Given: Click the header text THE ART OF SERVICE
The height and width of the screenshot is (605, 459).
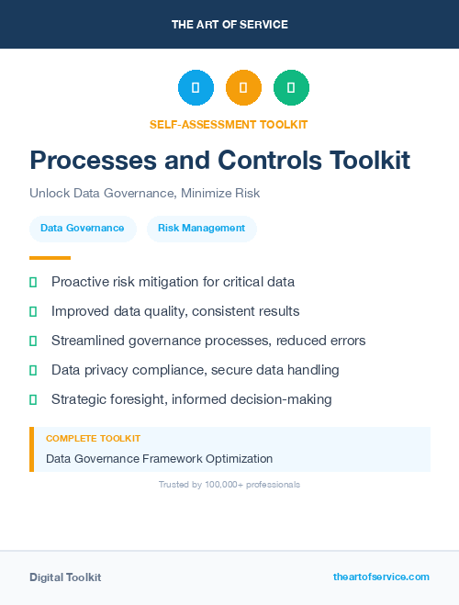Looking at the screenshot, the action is point(229,25).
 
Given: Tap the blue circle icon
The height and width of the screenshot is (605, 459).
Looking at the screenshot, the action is point(196,87).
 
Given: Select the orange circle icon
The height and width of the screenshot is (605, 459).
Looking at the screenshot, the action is point(243,87).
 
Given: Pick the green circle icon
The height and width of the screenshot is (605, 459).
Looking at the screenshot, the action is point(291,87).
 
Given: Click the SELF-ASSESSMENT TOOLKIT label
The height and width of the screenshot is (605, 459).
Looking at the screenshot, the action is point(229,124).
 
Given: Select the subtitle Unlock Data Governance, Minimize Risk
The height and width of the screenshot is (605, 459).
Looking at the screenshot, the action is point(144,194).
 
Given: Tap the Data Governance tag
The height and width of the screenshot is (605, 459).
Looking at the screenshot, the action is point(83,229).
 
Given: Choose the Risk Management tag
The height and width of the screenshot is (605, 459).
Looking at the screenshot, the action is point(201,229).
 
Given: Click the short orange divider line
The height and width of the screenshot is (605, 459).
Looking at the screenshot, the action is point(50,258).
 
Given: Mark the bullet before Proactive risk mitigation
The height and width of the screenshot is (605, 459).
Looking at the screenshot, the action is point(33,282).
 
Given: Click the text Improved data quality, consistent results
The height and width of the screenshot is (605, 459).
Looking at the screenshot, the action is point(175,311).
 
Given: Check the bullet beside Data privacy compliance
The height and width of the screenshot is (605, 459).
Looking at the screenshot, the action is point(33,370).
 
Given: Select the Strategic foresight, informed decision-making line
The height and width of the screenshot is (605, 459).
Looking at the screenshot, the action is point(191,399).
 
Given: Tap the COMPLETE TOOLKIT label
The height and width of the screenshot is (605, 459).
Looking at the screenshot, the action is point(93,439).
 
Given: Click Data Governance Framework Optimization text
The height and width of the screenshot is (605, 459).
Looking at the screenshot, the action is point(159,458).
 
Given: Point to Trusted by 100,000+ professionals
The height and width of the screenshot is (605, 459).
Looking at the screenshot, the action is point(229,484).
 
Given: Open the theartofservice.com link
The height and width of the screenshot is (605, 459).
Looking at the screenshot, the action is point(381,577).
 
